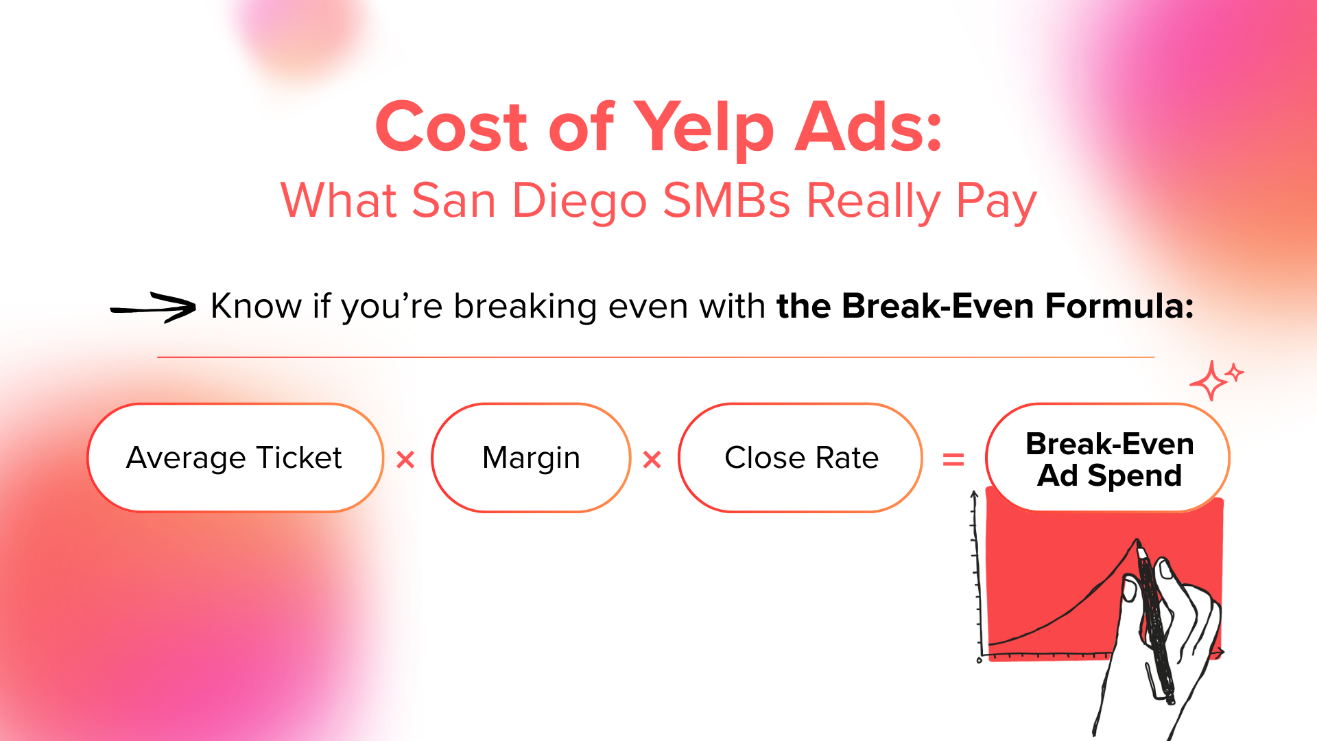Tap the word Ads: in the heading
coord(868,127)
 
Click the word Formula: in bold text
coord(1119,306)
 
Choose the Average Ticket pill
coord(235,458)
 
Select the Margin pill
coord(531,458)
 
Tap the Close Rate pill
coord(800,458)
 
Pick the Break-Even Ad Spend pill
coord(1108,458)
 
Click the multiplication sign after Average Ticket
coord(406,460)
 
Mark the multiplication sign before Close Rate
coord(652,460)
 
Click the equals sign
coord(953,459)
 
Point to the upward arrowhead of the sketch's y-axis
coord(974,495)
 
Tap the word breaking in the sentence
coord(525,307)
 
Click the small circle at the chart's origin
coord(979,661)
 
